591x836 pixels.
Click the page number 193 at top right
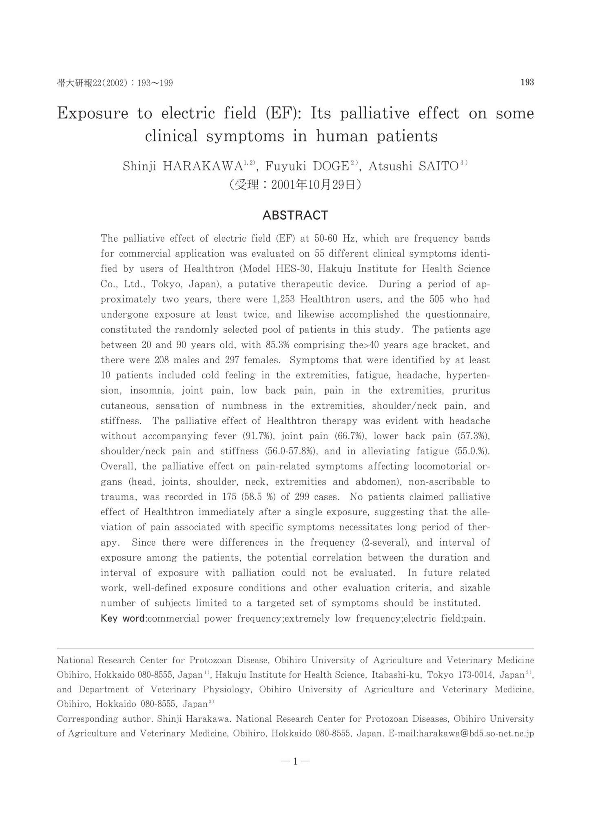[x=527, y=82]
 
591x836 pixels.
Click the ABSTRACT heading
[x=295, y=215]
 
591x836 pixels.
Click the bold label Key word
[x=123, y=618]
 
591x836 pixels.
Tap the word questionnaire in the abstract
[x=458, y=314]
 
